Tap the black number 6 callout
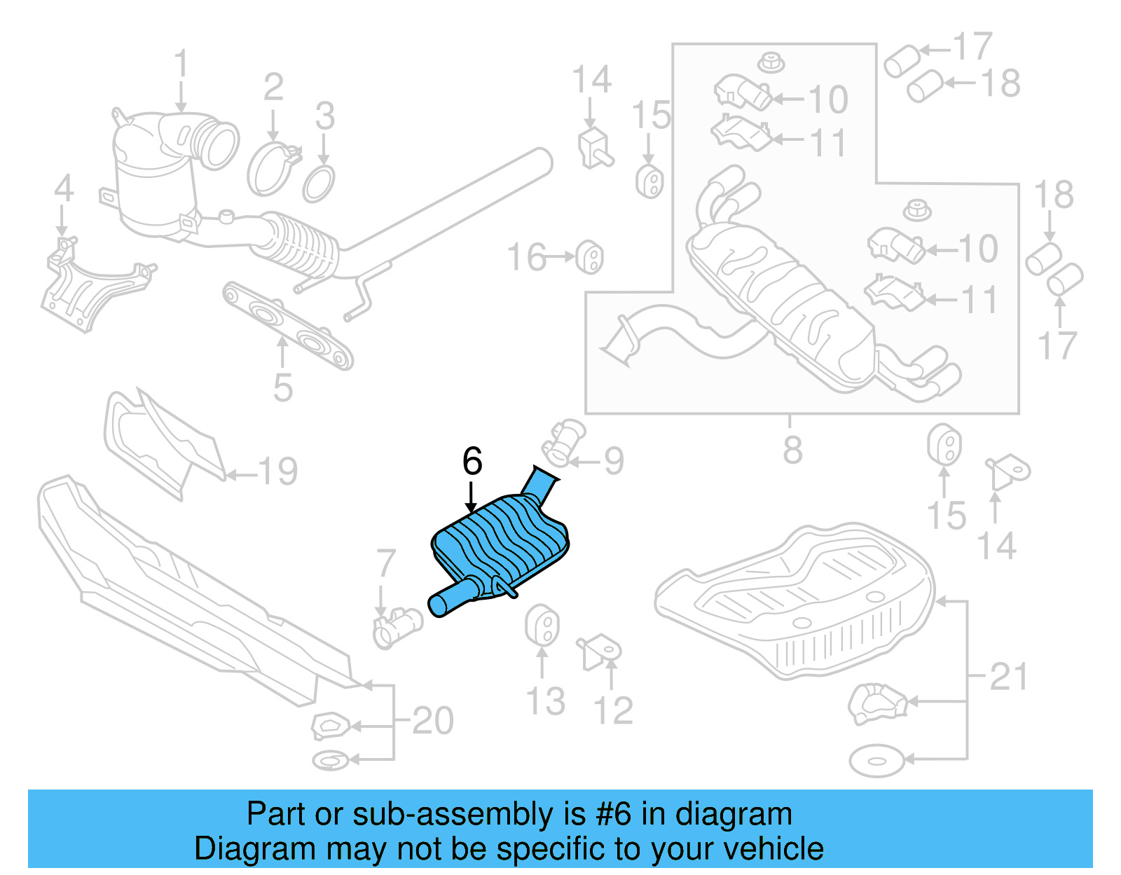tap(472, 462)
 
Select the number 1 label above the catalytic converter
tap(181, 64)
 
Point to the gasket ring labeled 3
tap(319, 183)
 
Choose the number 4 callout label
tap(64, 188)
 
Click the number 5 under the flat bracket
tap(282, 387)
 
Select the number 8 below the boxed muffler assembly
tap(792, 450)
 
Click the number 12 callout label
tap(614, 710)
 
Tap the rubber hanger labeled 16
tap(590, 258)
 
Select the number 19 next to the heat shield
tap(278, 471)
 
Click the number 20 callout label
tap(432, 720)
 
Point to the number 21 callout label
tap(1009, 677)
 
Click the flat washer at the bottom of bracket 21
tap(876, 761)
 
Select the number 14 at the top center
tap(592, 80)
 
